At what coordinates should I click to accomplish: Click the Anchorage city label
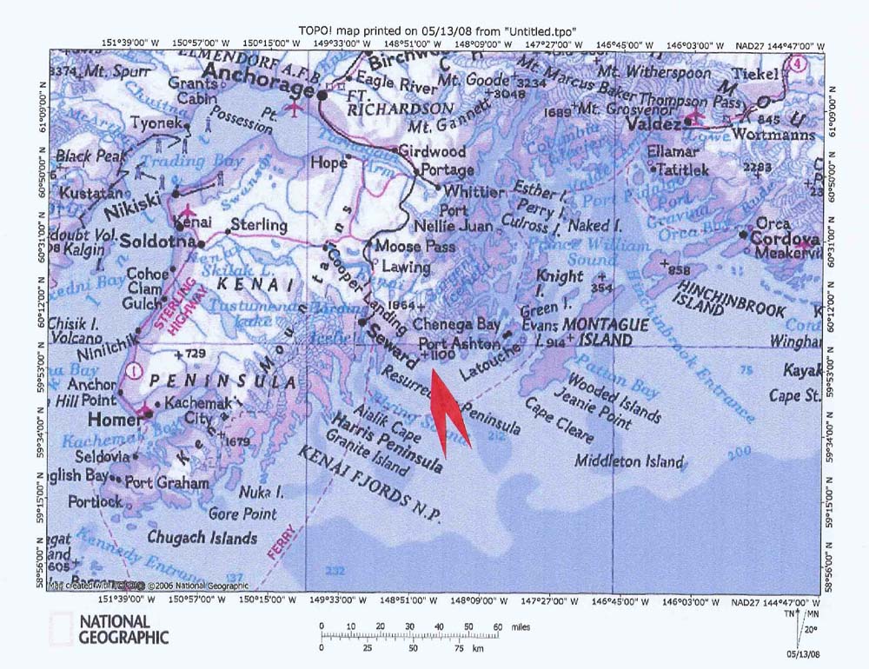[x=266, y=90]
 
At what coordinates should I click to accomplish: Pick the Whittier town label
[x=473, y=192]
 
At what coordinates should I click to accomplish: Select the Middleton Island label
[x=630, y=461]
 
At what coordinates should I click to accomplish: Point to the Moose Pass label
[x=415, y=247]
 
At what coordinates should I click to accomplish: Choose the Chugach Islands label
[x=202, y=538]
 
